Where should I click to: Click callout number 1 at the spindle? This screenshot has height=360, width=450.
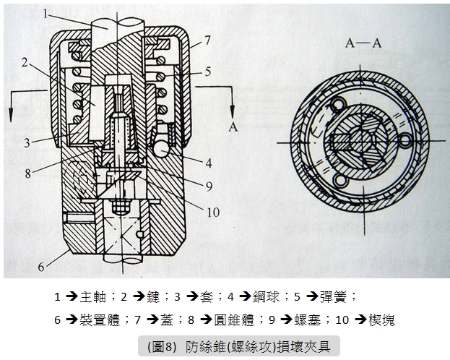pos(46,13)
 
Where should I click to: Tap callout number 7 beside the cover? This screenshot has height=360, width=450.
pos(207,40)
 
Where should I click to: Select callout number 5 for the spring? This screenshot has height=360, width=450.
pos(208,72)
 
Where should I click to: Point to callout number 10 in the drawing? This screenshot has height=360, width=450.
pos(213,213)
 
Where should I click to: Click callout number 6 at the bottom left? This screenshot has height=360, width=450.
pos(41,267)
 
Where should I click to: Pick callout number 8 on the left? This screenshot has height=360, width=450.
pos(28,173)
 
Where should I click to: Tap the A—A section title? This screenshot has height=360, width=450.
pos(363,43)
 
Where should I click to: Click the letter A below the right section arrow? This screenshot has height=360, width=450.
pos(233,127)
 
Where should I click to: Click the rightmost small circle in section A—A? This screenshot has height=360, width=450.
pos(405,141)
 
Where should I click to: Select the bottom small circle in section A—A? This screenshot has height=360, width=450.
pos(341,181)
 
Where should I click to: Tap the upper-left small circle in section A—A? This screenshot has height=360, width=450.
pos(337,105)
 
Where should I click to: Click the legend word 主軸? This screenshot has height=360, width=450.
pos(93,297)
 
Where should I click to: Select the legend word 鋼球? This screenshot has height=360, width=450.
pos(266,297)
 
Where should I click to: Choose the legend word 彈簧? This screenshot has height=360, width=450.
pos(333,297)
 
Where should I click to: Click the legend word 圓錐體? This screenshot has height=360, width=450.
pos(235,320)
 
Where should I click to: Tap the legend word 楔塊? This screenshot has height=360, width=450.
pos(381,320)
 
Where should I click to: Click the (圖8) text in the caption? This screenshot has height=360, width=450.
pos(161,347)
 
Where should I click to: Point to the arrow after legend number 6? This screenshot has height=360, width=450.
pos(72,320)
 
